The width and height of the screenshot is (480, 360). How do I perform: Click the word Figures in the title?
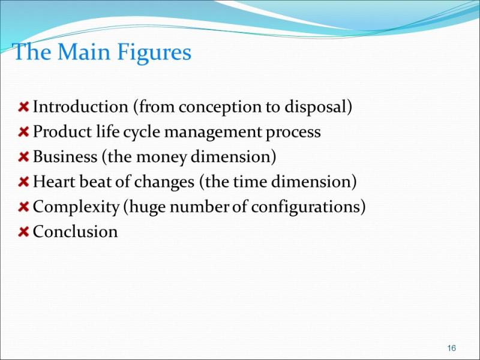(154, 53)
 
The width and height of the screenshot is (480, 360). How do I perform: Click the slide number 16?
(452, 348)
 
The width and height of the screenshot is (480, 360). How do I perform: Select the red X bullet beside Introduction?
(23, 107)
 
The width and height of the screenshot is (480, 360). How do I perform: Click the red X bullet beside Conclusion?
(23, 232)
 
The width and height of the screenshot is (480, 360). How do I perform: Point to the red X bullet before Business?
(23, 157)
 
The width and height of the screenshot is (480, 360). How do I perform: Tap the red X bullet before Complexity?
(23, 207)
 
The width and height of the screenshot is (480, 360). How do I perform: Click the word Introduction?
(80, 107)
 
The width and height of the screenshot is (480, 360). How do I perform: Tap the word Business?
(65, 157)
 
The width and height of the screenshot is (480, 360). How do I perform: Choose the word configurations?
(305, 207)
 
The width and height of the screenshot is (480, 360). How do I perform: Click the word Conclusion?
(76, 232)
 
